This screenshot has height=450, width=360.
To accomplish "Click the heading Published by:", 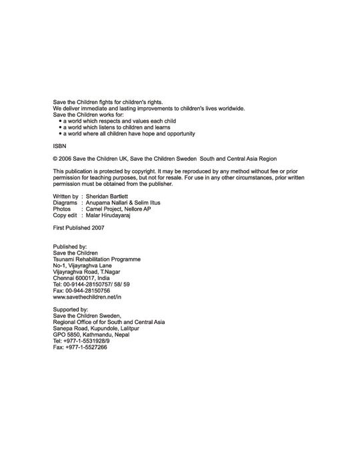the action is [70, 247].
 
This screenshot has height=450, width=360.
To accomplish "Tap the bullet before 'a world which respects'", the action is [60, 122].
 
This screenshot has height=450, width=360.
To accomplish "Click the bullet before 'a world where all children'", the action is [60, 134].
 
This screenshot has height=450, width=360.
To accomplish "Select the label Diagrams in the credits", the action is [65, 203].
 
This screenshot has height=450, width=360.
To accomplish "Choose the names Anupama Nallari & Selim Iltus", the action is [123, 203].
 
